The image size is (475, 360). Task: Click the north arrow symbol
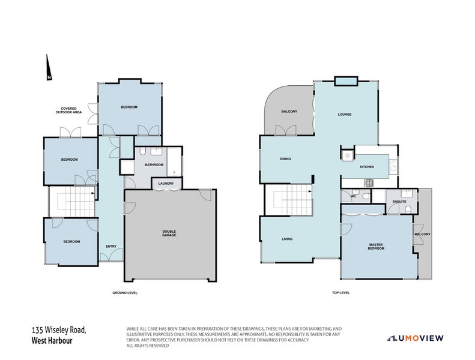(48, 67)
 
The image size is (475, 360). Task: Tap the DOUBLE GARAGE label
(169, 234)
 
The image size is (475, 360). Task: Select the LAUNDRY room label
(166, 184)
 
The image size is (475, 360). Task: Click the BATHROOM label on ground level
(154, 164)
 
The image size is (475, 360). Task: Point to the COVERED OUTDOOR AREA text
(68, 110)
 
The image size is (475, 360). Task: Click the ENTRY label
(111, 246)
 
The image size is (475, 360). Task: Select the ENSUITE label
(399, 201)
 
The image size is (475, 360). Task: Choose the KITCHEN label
(366, 167)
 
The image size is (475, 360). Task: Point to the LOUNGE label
(344, 114)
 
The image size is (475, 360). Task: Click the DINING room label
(285, 159)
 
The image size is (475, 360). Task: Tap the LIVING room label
(287, 239)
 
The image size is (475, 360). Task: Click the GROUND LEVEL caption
(125, 293)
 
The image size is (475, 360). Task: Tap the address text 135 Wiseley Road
(59, 330)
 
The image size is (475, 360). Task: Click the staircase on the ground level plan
(71, 201)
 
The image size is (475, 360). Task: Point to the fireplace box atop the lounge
(345, 81)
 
